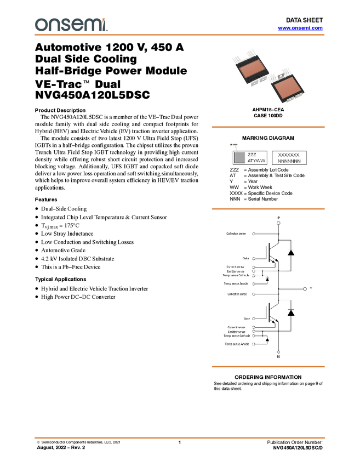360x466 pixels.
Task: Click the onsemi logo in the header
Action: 71,25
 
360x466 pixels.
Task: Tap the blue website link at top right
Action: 300,27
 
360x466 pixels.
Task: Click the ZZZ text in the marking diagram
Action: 252,155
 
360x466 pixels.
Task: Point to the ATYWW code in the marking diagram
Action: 256,161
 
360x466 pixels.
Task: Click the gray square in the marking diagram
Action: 238,158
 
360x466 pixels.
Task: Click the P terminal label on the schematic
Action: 278,218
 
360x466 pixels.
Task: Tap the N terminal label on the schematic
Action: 278,357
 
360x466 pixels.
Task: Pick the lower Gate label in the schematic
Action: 247,318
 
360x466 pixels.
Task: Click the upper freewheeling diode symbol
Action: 290,253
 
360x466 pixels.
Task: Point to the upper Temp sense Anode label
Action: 237,283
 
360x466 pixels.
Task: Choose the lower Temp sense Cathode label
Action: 237,336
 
